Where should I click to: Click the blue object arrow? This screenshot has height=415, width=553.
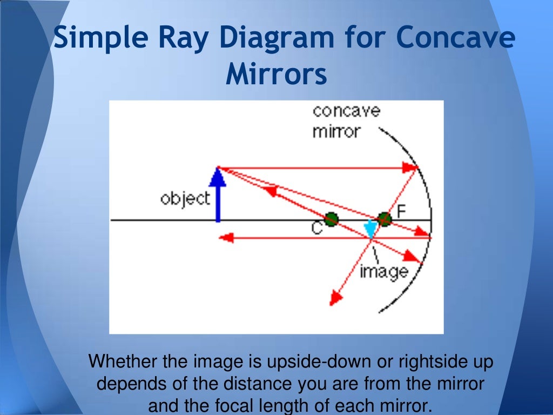[217, 195]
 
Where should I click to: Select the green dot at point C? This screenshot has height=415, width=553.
[332, 219]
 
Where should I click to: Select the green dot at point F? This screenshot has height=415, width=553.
[384, 219]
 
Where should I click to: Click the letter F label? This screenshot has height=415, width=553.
[401, 211]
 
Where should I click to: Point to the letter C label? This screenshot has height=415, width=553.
[317, 229]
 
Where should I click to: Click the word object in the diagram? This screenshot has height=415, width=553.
[185, 199]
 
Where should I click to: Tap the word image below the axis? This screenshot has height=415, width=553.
[384, 270]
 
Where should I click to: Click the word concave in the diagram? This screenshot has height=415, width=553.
[346, 111]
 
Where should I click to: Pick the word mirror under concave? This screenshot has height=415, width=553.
[335, 131]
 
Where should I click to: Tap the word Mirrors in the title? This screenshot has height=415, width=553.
[276, 75]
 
